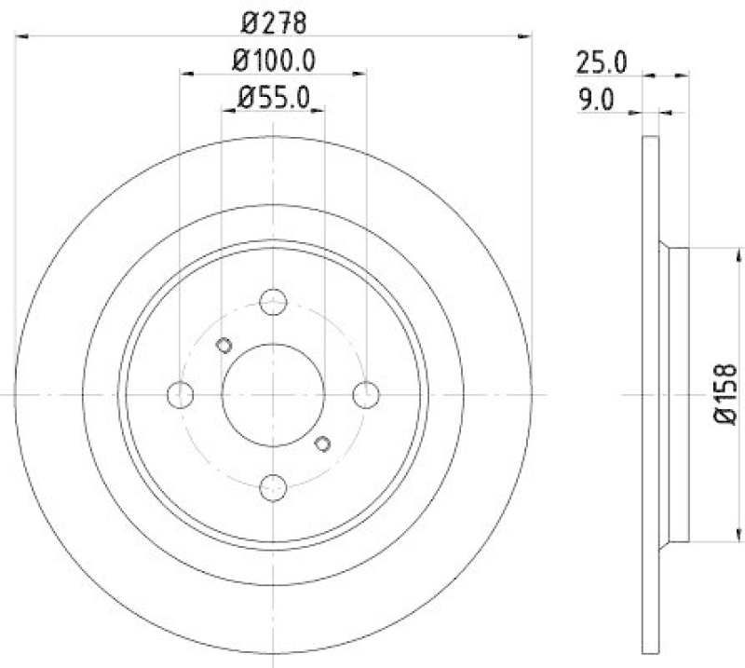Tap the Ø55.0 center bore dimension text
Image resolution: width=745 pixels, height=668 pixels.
tap(273, 96)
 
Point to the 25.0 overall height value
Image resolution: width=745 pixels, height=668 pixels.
tap(601, 63)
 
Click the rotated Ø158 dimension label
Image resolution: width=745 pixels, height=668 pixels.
tap(726, 395)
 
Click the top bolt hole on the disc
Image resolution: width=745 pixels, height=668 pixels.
tap(273, 302)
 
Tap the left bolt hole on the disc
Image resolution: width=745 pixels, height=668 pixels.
tap(180, 394)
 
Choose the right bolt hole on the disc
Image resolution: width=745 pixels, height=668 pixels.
tap(367, 394)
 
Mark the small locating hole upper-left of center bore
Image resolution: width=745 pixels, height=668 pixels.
tap(223, 346)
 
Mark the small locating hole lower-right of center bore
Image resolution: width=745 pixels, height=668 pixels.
tap(323, 443)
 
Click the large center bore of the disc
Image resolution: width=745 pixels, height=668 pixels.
tap(273, 394)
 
